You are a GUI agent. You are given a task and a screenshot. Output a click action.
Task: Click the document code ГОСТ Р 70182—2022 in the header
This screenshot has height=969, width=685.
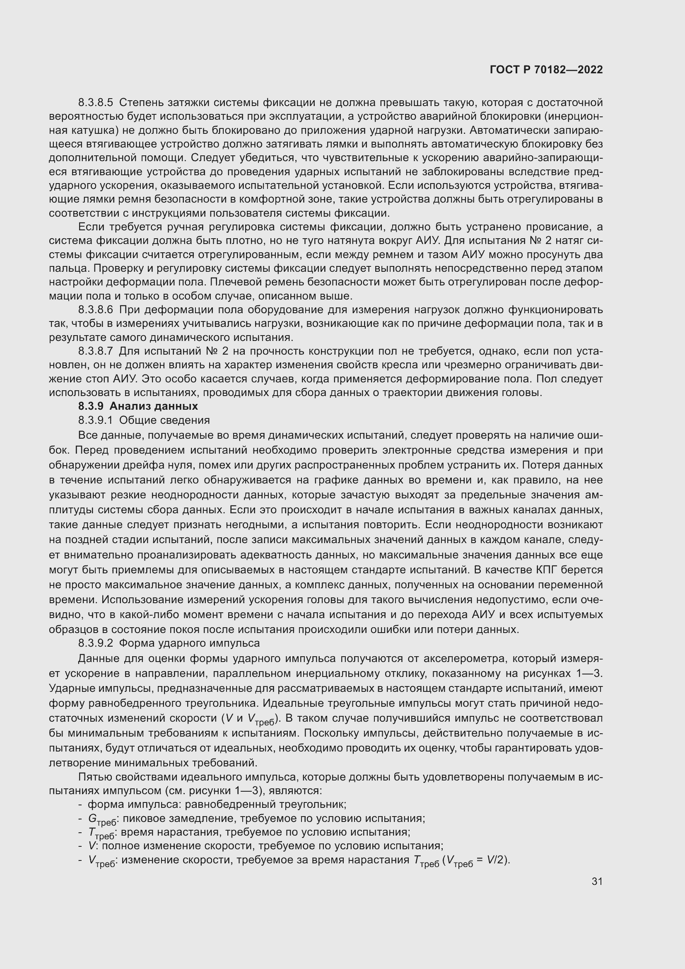[x=546, y=70]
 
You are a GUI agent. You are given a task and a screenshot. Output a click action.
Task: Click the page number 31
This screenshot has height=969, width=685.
[x=597, y=881]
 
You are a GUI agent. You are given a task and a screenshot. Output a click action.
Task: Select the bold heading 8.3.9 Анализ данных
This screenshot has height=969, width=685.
[x=138, y=406]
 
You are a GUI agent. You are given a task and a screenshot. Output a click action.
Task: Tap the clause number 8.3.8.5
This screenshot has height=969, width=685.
[x=96, y=102]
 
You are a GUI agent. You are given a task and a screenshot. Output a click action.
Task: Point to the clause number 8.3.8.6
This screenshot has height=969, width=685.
[x=96, y=310]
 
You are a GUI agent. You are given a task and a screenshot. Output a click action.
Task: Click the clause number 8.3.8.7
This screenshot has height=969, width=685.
[x=96, y=351]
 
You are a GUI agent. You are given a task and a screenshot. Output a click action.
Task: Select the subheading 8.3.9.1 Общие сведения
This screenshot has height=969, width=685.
[x=144, y=420]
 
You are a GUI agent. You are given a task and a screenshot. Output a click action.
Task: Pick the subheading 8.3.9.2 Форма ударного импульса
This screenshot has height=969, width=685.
[x=169, y=643]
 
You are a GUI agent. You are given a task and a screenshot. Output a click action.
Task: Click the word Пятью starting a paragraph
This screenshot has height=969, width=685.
[x=93, y=777]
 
